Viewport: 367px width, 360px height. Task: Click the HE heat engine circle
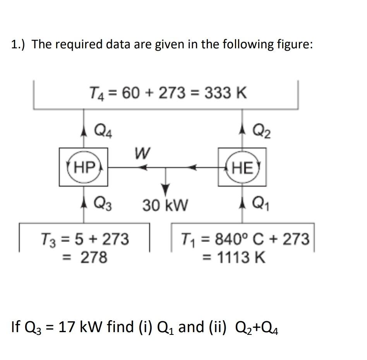pyautogui.click(x=242, y=167)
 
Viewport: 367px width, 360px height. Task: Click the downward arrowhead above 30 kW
pyautogui.click(x=166, y=190)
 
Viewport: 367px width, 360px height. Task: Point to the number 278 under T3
pyautogui.click(x=93, y=257)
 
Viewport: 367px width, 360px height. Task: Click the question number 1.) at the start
pyautogui.click(x=19, y=44)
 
